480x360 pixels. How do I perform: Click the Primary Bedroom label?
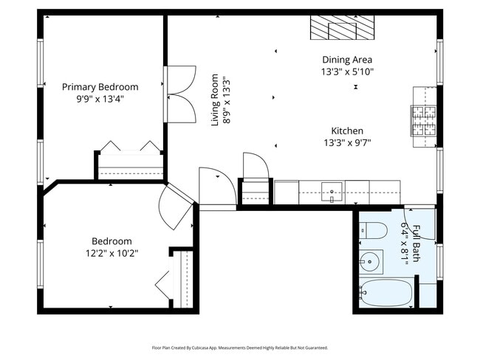pos(100,87)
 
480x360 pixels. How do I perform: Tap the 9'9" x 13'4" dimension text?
pos(100,99)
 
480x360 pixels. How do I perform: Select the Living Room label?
pos(215,100)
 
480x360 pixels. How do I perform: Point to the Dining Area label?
pos(347,60)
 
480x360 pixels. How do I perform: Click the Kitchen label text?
pos(347,131)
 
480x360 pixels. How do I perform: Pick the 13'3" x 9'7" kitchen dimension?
pos(347,143)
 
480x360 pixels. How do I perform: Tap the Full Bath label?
pos(416,243)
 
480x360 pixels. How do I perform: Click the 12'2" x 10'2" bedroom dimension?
pos(112,254)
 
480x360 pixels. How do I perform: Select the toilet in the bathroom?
pos(373,231)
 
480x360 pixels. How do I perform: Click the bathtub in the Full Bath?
pos(386,293)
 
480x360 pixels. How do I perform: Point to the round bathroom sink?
pos(369,262)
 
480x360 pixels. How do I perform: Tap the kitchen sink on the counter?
pos(332,192)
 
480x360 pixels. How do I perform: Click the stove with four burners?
pos(424,120)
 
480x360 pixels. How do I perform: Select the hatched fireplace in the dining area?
pos(342,27)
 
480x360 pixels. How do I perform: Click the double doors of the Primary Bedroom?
pos(181,94)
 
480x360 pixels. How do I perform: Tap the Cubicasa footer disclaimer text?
pos(240,347)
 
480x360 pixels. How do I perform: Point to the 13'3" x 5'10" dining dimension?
pos(347,72)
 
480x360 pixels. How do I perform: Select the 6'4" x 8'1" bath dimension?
pos(405,243)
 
